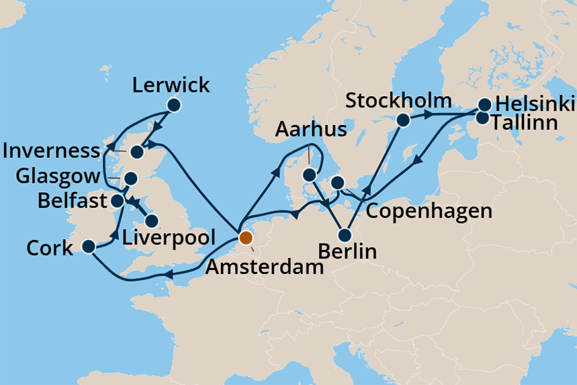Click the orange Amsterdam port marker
(x=245, y=238)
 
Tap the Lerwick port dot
(x=174, y=105)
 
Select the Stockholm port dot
(x=403, y=120)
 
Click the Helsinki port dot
(x=484, y=105)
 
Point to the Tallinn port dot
(x=482, y=118)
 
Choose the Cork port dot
(x=88, y=247)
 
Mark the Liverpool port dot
(x=152, y=220)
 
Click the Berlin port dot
(x=345, y=235)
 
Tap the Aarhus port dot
(x=309, y=175)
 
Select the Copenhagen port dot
(x=338, y=182)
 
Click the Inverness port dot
(x=136, y=152)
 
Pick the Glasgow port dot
(x=130, y=179)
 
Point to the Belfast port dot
(x=117, y=200)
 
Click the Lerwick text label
(x=171, y=85)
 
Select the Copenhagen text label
(x=428, y=211)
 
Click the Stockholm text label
(x=398, y=101)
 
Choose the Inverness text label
(x=50, y=151)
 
